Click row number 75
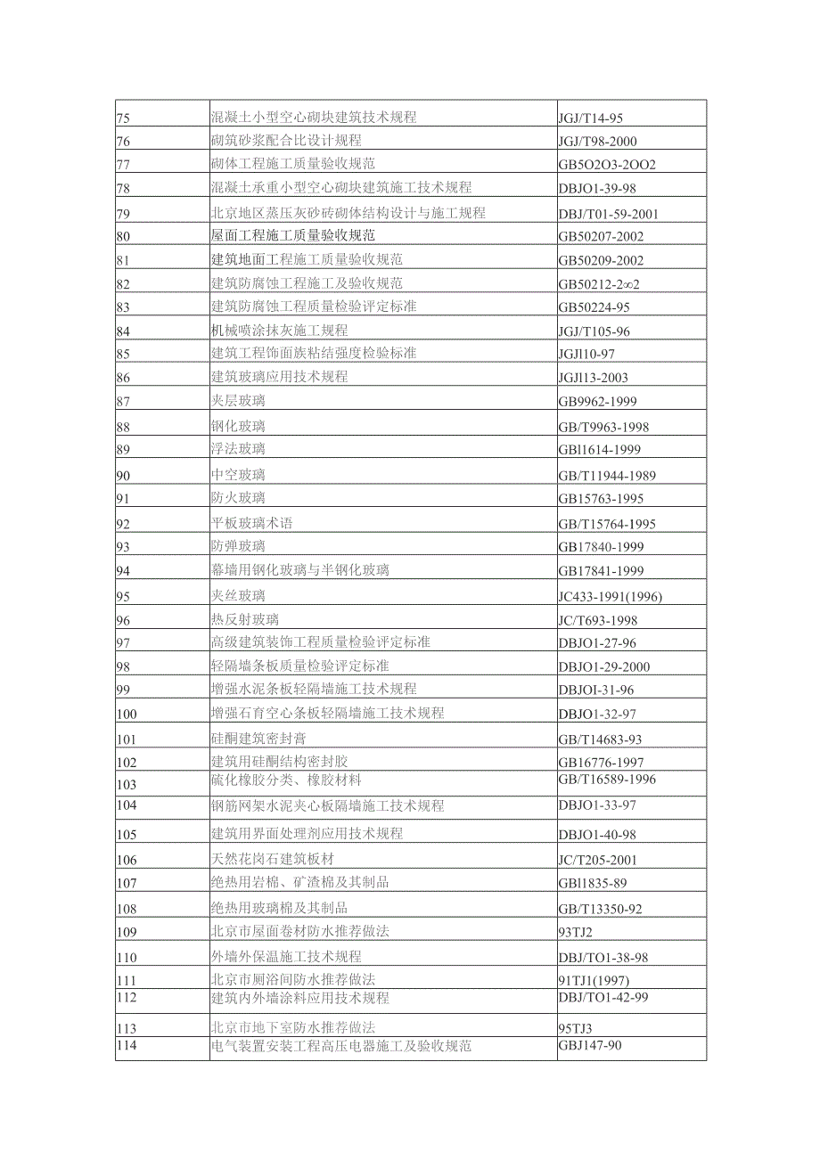(x=124, y=117)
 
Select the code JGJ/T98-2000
(x=598, y=141)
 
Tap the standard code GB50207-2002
(x=601, y=236)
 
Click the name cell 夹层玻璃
(x=238, y=401)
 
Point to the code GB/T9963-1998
(x=604, y=426)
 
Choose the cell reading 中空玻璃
(x=238, y=475)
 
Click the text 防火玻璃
(x=238, y=498)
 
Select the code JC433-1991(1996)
(x=611, y=596)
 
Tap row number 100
(x=127, y=714)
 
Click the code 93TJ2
(x=576, y=932)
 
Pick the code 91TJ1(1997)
(x=593, y=980)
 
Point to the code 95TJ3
(x=576, y=1028)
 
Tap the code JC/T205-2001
(x=598, y=860)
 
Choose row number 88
(x=124, y=427)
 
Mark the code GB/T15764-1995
(x=607, y=524)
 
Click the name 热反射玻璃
(x=245, y=620)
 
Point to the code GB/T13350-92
(x=601, y=910)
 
